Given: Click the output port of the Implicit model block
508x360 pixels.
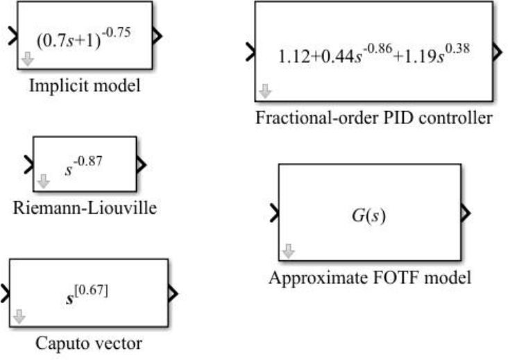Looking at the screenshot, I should (158, 36).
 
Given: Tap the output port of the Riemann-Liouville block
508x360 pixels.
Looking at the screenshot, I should (142, 165).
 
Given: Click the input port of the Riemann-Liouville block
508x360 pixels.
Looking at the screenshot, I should (28, 165).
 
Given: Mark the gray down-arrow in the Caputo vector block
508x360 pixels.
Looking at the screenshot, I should (19, 316).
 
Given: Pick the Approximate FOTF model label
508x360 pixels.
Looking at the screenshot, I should (370, 279).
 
